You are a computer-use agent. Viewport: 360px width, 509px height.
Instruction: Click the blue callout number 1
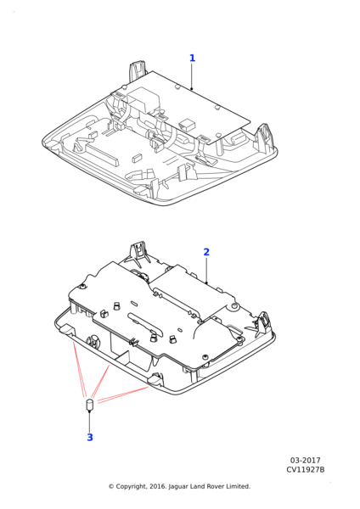pos(193,58)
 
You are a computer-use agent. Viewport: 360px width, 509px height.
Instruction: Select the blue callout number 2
pos(206,252)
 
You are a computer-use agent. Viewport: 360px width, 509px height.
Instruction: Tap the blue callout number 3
pos(90,437)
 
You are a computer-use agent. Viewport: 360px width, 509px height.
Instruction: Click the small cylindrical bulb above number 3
pos(89,405)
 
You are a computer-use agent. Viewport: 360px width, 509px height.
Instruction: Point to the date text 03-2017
pos(305,461)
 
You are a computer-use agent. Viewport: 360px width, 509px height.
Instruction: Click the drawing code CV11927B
pos(305,470)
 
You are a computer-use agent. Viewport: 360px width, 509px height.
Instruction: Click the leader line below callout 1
pos(192,76)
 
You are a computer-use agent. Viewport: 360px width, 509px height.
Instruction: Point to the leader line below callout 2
pos(206,270)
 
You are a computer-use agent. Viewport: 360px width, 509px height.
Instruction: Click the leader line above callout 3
pos(89,422)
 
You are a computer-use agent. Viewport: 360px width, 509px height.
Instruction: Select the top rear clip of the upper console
pos(137,70)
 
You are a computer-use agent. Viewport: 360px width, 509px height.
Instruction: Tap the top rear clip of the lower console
pos(139,253)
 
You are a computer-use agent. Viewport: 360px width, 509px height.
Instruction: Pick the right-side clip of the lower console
pos(262,323)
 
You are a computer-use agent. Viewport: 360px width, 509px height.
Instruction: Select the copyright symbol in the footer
pos(111,487)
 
